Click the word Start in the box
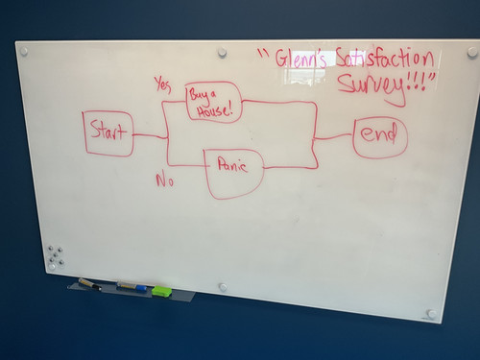point(108,131)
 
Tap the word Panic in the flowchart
point(232,165)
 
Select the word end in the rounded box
point(379,133)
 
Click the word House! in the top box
point(215,111)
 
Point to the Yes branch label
point(163,84)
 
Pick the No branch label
point(165,180)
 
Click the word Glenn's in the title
point(301,60)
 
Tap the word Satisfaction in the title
point(385,58)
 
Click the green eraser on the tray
point(161,291)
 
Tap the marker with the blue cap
point(132,286)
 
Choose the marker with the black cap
point(90,284)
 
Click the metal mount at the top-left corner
point(23,51)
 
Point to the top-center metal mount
point(222,52)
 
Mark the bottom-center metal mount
point(223,287)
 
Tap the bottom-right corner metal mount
point(432,314)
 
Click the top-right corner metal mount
point(472,52)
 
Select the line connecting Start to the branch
point(150,136)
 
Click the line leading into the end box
point(334,137)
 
